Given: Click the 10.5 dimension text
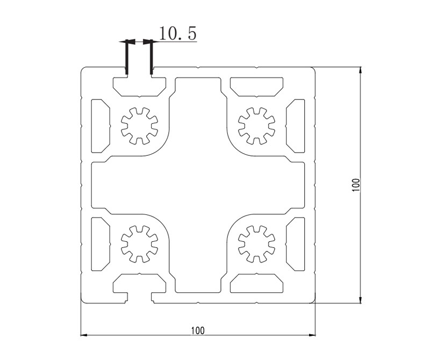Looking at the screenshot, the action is tap(178, 33).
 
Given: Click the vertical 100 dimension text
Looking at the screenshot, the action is tap(356, 185).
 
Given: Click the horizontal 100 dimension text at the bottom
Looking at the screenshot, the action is tap(198, 330).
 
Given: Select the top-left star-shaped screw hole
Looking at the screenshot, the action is tap(139, 126).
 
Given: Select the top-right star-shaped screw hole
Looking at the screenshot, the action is tap(256, 126).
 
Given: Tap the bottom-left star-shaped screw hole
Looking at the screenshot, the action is tap(139, 244).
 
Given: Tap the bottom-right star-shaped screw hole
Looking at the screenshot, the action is tap(256, 244).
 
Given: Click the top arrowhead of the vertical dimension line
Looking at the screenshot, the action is tap(360, 70).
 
